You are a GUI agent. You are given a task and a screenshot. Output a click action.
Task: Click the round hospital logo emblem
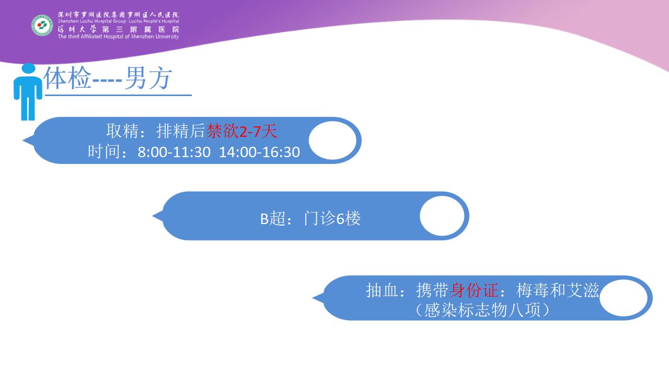(42, 26)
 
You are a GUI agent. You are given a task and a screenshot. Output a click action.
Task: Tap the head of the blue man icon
(29, 68)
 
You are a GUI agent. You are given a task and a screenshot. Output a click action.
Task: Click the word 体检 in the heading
(67, 78)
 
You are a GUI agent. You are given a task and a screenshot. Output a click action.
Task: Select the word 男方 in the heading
(148, 78)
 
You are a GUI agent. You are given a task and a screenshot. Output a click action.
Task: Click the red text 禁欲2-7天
(241, 131)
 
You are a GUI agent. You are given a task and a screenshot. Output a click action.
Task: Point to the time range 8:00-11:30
(174, 152)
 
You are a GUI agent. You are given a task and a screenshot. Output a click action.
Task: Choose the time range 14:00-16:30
(259, 152)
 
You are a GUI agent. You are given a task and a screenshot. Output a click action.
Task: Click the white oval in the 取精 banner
(332, 140)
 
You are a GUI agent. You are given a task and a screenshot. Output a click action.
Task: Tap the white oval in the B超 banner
(442, 216)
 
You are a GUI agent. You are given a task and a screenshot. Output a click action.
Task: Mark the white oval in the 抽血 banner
(624, 298)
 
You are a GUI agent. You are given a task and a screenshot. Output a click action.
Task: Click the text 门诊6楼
(332, 218)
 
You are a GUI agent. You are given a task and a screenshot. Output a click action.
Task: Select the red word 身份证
(474, 290)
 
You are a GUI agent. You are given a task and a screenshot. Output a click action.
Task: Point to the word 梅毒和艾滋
(558, 290)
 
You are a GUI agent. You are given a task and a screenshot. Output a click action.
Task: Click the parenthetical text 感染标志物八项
(482, 310)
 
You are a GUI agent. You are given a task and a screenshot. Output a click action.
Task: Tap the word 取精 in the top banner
(122, 131)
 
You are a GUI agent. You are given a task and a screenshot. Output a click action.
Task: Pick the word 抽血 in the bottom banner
(382, 290)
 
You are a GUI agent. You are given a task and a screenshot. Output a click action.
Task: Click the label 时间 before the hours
(104, 152)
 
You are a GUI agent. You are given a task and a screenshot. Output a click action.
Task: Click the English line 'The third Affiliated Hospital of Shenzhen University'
(118, 37)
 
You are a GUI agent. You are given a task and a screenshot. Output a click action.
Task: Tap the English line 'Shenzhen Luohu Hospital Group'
(92, 21)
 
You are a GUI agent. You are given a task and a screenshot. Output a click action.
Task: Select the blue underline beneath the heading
(118, 95)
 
